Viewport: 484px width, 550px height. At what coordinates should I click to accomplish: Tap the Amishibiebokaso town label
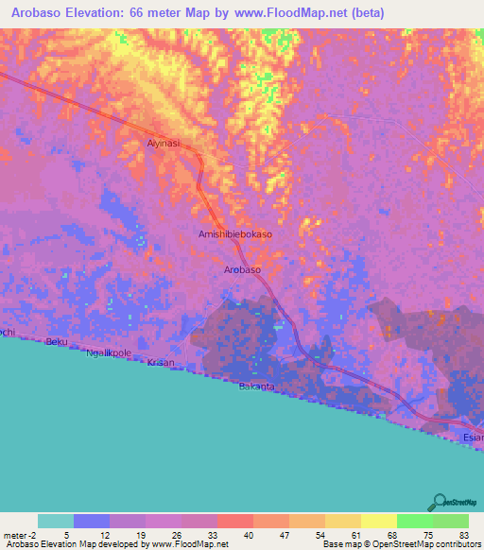coord(235,234)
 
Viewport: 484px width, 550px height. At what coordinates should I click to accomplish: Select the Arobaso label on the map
coord(242,270)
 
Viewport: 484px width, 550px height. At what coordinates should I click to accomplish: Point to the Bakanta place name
coord(256,387)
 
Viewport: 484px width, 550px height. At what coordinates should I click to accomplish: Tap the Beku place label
coord(57,342)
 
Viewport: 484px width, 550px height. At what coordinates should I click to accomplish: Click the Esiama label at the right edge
coord(473,438)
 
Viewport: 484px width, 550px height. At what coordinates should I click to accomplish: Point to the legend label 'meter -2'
coord(19,535)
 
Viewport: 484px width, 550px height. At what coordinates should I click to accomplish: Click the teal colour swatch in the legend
coord(55,521)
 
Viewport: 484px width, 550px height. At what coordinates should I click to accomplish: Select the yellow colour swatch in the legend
coord(378,521)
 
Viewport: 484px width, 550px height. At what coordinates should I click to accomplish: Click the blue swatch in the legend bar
coord(91,521)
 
